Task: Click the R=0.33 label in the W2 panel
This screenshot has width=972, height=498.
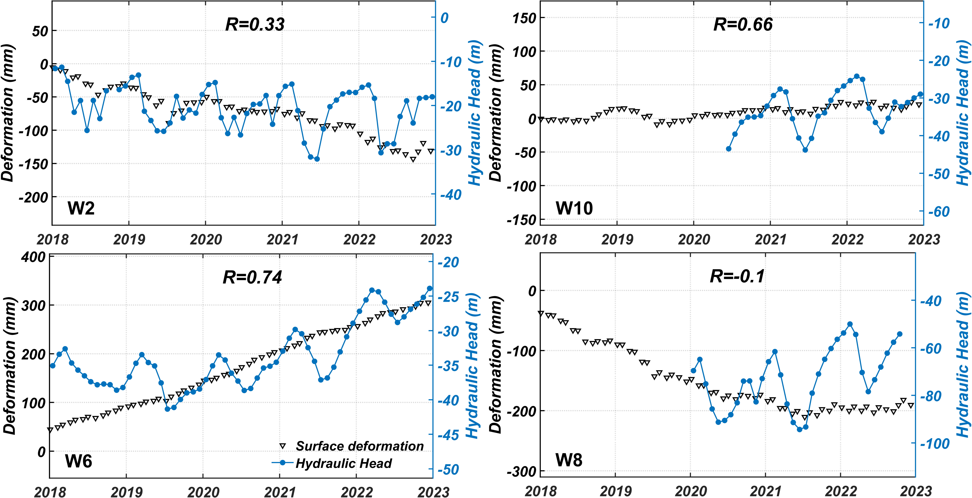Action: click(x=255, y=24)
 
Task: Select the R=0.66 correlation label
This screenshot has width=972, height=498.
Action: click(x=743, y=24)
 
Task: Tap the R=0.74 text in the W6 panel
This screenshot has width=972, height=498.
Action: click(x=252, y=277)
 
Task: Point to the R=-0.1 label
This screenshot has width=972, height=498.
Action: click(x=737, y=276)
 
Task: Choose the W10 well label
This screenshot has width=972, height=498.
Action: click(x=574, y=208)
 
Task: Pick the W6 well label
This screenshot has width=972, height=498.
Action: click(x=78, y=461)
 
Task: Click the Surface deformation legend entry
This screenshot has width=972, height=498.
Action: click(x=359, y=446)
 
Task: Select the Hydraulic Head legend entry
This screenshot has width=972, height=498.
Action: click(x=343, y=463)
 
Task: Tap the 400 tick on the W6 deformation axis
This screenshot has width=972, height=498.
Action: click(x=33, y=257)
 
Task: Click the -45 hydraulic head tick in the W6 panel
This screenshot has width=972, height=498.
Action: click(x=448, y=435)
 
